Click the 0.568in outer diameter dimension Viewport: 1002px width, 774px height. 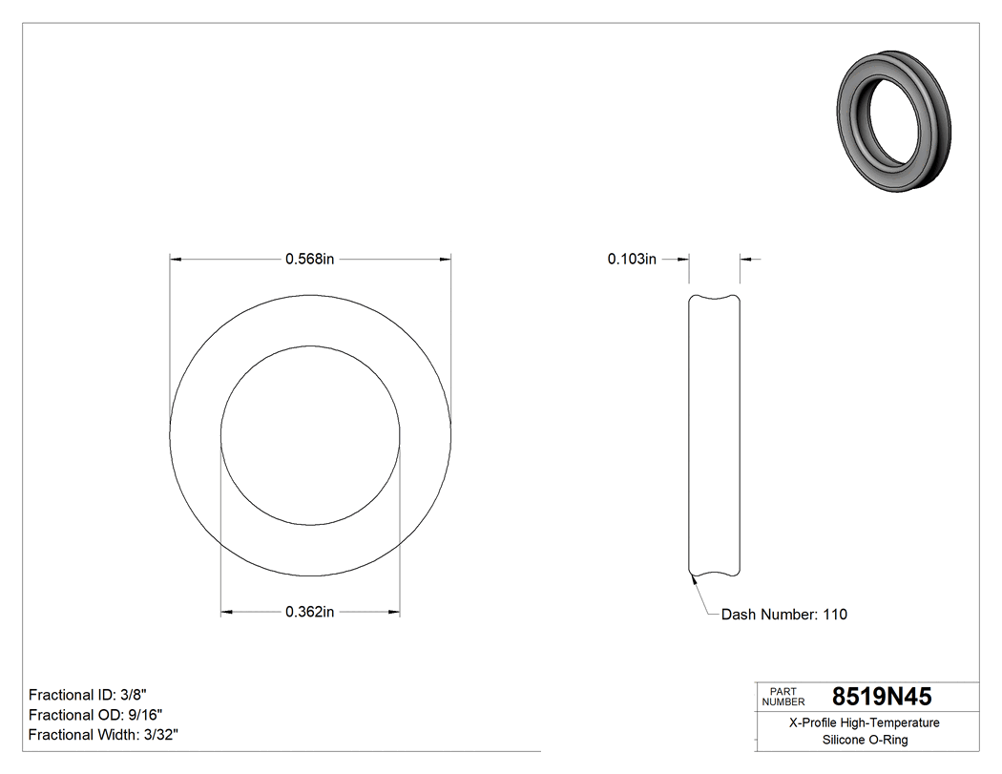coord(310,259)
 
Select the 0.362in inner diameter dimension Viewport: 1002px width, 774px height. coord(310,612)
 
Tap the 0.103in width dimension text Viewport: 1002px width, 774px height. coord(632,259)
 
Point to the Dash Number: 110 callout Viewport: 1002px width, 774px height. coord(783,615)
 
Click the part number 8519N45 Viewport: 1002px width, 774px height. coord(881,697)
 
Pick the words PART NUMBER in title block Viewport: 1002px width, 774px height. coord(783,697)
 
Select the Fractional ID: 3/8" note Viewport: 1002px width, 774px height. coord(88,694)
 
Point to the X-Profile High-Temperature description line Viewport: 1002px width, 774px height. coord(865,723)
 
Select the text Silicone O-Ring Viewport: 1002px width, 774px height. coord(865,741)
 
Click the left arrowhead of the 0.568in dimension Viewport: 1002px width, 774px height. coord(175,259)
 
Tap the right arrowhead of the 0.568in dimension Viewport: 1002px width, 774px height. coord(446,259)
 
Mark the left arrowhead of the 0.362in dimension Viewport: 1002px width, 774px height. coord(226,612)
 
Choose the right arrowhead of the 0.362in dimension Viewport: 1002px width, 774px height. coord(394,612)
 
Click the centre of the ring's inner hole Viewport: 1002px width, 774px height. coord(310,435)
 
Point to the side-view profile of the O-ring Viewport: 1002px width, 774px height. coord(715,435)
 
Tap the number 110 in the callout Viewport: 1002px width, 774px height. coord(835,615)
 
